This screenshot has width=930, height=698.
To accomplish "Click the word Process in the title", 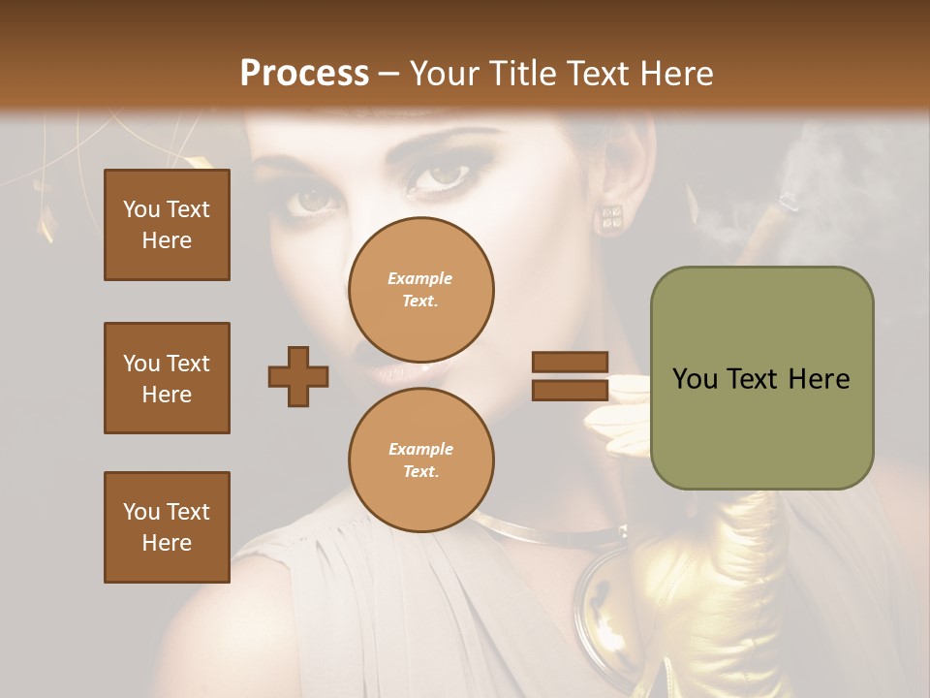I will tap(304, 73).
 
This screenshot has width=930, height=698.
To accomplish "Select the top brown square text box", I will tap(167, 225).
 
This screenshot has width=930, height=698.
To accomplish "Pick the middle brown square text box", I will tap(167, 378).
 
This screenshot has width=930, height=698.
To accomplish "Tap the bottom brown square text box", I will tap(167, 527).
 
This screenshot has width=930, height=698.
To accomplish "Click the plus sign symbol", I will tap(297, 376).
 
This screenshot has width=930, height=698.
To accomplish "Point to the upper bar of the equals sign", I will tap(571, 363).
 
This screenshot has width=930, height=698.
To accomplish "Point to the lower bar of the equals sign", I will tap(571, 390).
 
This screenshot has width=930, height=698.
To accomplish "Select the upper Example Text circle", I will tap(420, 289).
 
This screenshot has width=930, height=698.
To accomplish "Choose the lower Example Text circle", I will tap(420, 460).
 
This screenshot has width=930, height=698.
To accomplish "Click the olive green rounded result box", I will tap(761, 378).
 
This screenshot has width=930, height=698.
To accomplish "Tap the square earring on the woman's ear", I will tap(611, 218).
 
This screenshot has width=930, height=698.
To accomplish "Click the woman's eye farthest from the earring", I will tap(315, 199).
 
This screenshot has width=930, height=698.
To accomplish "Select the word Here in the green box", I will tap(819, 379).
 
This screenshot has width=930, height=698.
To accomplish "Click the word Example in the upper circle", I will tap(420, 278).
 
